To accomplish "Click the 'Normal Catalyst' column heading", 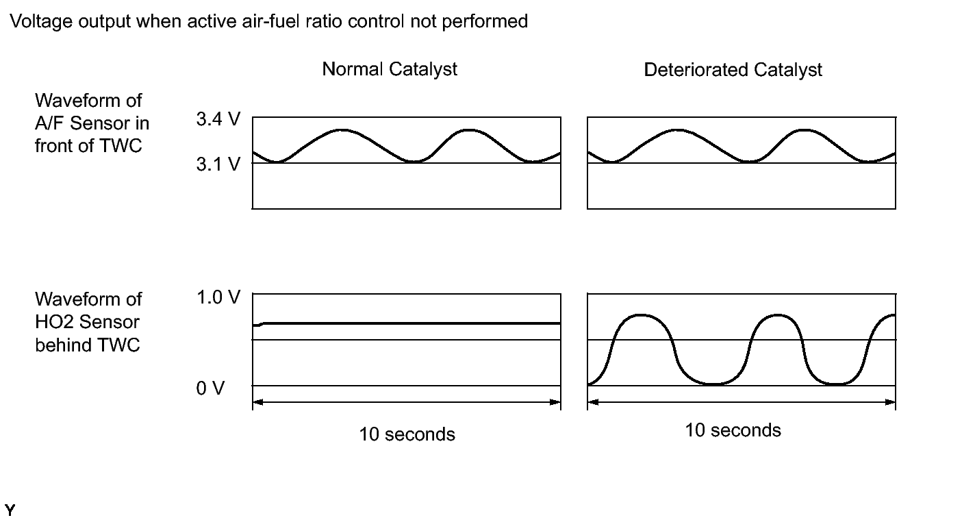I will pos(390,69).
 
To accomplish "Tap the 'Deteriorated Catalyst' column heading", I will pos(733,69).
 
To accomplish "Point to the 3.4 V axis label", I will pos(218,121).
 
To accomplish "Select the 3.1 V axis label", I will pos(218,165).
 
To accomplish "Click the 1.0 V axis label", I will pos(218,298).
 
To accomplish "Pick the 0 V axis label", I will pos(210,388).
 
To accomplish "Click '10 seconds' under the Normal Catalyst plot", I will pos(407,434).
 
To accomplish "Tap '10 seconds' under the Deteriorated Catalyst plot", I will pos(733,430).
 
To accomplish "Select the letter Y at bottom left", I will pos(10,510).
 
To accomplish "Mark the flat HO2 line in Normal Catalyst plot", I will pos(411,323).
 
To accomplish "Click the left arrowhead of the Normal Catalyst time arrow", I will pos(257,402).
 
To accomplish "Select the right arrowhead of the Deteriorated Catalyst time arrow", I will pos(891,402).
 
